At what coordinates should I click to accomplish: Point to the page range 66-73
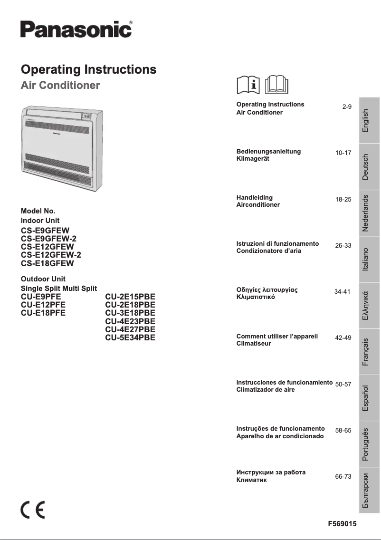pyautogui.click(x=343, y=476)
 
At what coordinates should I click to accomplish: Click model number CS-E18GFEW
pyautogui.click(x=48, y=263)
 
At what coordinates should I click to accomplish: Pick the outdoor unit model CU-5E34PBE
pyautogui.click(x=130, y=338)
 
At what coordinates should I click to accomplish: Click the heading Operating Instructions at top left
pyautogui.click(x=89, y=69)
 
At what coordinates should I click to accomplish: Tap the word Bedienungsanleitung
pyautogui.click(x=268, y=151)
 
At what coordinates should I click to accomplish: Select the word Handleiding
pyautogui.click(x=255, y=197)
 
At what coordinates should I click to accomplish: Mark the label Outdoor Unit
pyautogui.click(x=43, y=279)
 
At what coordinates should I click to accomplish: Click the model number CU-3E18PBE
pyautogui.click(x=130, y=313)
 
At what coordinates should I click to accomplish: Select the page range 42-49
pyautogui.click(x=343, y=337)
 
